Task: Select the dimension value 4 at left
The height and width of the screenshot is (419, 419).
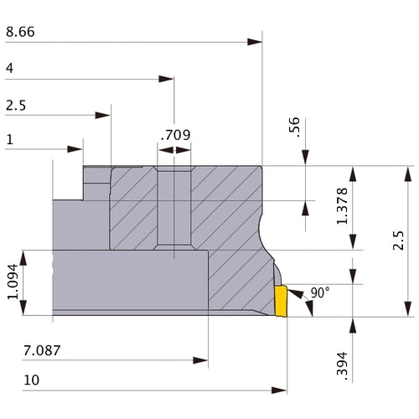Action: (9, 68)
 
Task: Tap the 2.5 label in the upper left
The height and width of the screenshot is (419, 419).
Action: (15, 106)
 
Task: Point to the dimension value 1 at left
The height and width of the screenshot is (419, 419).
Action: (9, 140)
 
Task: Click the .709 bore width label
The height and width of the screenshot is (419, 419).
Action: (174, 134)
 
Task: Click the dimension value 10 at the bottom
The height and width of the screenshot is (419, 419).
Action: (32, 380)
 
